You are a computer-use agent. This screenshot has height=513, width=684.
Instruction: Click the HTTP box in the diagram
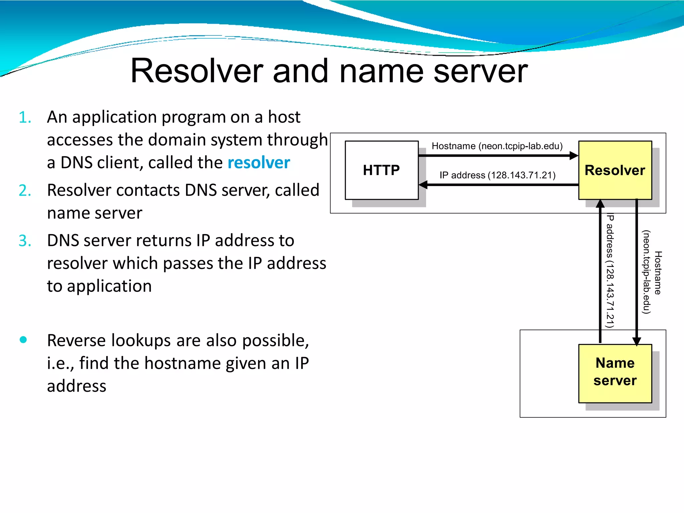pos(381,170)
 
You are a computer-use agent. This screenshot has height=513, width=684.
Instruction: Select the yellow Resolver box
pos(615,170)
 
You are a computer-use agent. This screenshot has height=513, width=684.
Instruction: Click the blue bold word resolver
pos(259,163)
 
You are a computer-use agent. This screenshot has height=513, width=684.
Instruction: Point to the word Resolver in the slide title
pos(197,71)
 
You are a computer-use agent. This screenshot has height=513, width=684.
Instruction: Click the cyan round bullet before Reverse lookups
pos(23,340)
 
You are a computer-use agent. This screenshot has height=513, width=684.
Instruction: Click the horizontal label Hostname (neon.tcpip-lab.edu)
pos(497,146)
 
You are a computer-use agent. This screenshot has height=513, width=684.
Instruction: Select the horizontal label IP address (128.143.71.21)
pos(497,175)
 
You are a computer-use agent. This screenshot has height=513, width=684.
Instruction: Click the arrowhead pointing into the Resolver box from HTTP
pos(574,155)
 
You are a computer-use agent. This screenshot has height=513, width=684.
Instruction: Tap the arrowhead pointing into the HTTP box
pos(423,184)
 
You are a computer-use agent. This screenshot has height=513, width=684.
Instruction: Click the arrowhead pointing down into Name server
pos(637,341)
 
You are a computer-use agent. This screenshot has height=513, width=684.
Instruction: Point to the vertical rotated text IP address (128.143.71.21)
pos(610,271)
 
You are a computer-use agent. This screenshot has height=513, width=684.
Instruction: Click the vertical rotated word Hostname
pos(658,273)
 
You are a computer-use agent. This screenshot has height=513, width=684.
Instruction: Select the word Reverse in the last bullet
pos(76,340)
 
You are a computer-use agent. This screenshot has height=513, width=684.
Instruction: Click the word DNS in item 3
pos(63,240)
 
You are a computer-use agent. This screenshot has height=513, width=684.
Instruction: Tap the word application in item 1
pos(115,117)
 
